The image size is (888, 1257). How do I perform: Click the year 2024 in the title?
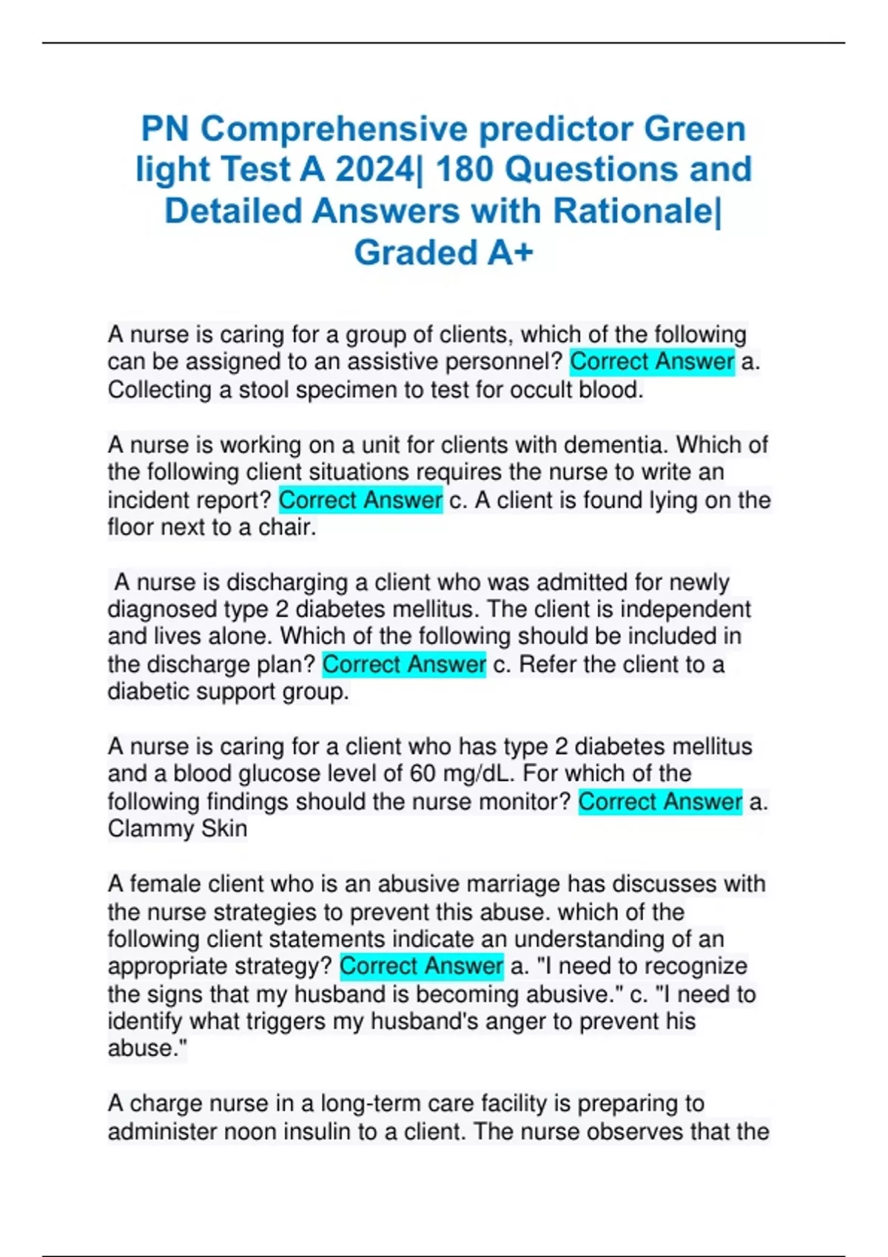click(x=375, y=170)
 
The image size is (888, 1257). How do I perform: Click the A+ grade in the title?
click(x=510, y=253)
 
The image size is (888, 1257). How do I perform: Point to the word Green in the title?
click(x=694, y=129)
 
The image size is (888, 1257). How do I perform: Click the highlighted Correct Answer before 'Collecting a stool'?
click(x=652, y=362)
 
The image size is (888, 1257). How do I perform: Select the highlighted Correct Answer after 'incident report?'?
click(x=360, y=500)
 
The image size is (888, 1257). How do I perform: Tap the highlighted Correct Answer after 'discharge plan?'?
click(x=404, y=664)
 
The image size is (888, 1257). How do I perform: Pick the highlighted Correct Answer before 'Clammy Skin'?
click(x=660, y=802)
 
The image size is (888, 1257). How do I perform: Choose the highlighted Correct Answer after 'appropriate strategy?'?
click(x=421, y=966)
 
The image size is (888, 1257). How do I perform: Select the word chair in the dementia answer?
click(x=285, y=527)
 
